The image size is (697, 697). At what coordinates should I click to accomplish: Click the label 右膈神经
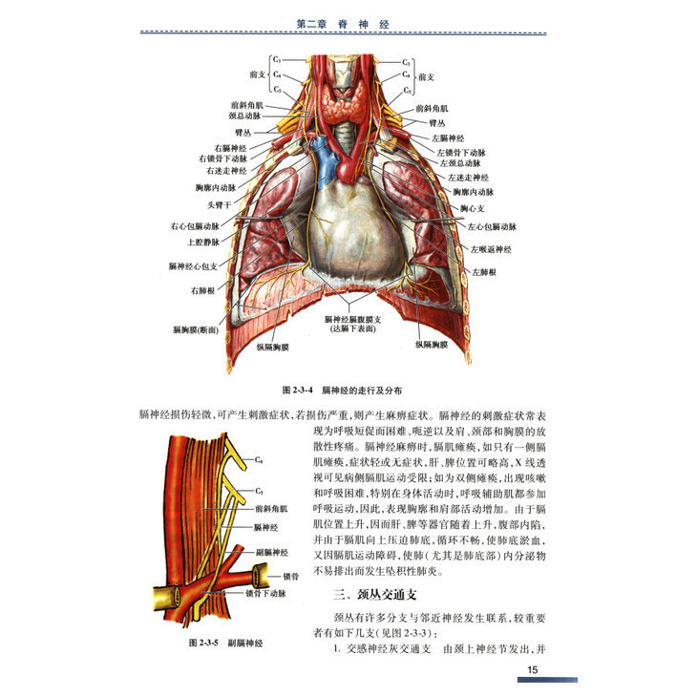pyautogui.click(x=230, y=148)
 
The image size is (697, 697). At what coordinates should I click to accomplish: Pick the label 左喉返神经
pyautogui.click(x=490, y=249)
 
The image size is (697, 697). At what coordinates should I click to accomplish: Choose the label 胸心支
pyautogui.click(x=475, y=207)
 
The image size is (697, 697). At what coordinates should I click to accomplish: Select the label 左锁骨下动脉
pyautogui.click(x=462, y=152)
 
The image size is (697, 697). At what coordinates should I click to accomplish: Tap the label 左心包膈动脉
pyautogui.click(x=491, y=227)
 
